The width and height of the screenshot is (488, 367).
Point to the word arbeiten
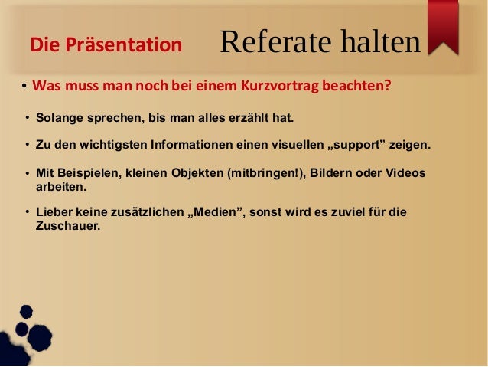tap(61, 186)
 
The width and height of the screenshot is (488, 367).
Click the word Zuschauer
tap(67, 226)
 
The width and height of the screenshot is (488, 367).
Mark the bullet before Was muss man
tap(24, 85)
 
